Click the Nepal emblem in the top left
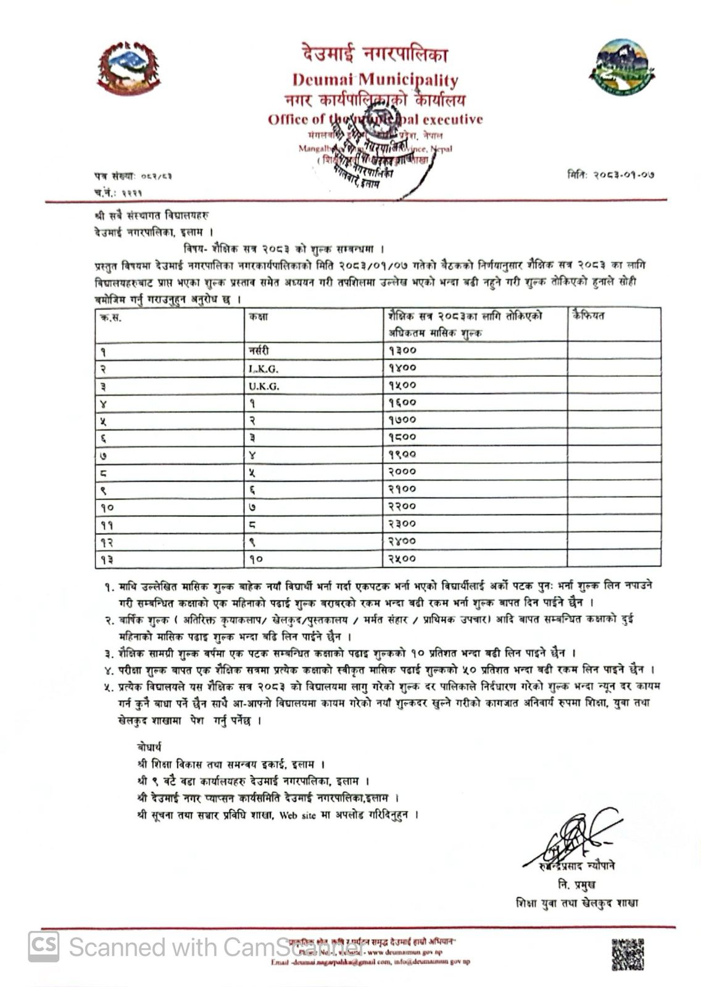128,68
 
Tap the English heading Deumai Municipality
375,80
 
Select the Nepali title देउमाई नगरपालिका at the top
375,55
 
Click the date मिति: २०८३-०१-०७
610,175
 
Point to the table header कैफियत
589,316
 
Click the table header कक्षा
259,316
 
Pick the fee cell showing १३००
403,350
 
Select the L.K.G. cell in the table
263,369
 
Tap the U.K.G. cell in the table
264,386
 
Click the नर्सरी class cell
260,350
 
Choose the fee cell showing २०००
403,471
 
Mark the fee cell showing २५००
403,559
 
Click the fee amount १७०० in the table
403,419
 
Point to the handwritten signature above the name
571,840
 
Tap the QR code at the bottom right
628,954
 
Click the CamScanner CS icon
44,946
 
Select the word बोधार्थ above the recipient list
150,747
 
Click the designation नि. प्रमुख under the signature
576,885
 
